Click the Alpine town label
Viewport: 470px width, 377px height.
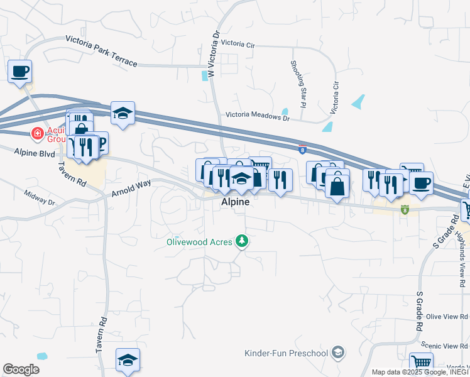pos(235,202)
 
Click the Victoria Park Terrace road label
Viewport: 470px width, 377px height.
pos(101,52)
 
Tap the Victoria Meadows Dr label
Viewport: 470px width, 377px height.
pos(258,117)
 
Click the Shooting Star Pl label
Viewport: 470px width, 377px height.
pos(298,82)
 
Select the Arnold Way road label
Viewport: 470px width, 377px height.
pos(131,188)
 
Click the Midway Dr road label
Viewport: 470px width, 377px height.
pos(40,198)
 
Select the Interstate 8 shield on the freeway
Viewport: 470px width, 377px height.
pos(302,149)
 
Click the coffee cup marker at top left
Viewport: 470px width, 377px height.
pos(20,70)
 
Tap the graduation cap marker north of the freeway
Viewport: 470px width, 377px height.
pos(123,113)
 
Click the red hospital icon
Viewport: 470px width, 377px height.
pos(37,133)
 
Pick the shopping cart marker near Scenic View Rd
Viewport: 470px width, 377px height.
pos(421,363)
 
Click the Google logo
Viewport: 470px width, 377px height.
pos(21,369)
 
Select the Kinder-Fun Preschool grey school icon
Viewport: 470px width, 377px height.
pos(339,352)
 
